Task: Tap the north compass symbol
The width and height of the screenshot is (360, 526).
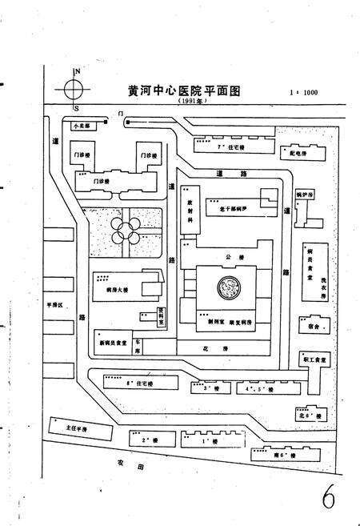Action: point(76,90)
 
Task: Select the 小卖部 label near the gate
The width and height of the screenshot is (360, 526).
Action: point(82,126)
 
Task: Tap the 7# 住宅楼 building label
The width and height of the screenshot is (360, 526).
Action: point(230,148)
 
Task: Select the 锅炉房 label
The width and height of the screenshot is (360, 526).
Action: point(306,195)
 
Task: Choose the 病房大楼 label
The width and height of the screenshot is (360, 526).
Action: point(118,291)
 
